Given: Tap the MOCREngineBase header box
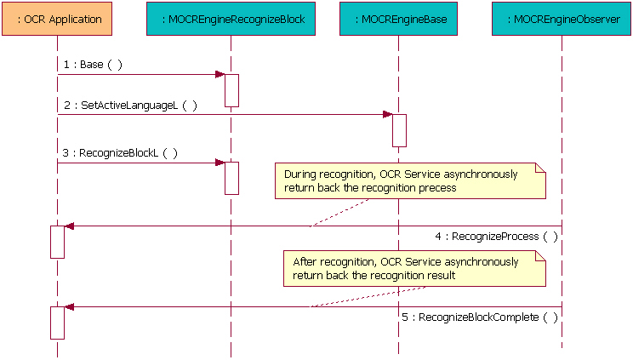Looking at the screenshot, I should [398, 19].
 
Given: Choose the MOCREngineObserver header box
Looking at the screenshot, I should [562, 19].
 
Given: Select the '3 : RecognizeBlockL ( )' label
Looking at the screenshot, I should [120, 153].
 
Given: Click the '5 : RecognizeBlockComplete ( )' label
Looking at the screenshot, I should [480, 317].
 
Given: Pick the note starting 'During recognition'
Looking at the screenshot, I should [409, 180].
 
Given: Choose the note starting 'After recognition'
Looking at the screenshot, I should [413, 269].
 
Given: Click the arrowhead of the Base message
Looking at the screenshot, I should [220, 75].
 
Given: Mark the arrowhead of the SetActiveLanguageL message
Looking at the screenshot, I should [387, 114].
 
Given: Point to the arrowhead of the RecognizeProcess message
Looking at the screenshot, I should [70, 226].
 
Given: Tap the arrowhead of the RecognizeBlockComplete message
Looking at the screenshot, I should [70, 307].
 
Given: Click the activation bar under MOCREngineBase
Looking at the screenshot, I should [399, 130].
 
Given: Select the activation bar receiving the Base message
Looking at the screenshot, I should [231, 90].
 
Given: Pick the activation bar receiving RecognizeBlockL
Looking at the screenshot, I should [231, 178].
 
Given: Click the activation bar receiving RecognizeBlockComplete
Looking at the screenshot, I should [58, 322].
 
